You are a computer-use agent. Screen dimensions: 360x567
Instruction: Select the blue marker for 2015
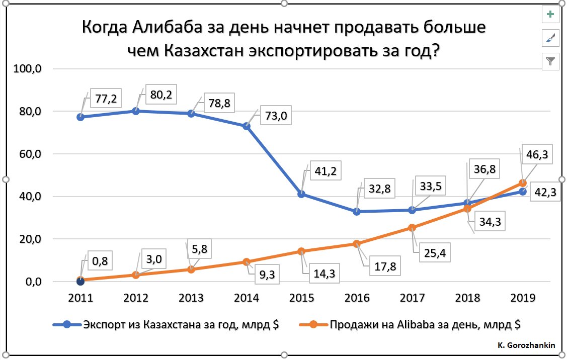point(301,194)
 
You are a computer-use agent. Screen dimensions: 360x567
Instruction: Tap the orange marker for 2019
point(523,183)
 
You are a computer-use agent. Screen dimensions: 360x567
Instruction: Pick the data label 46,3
point(538,154)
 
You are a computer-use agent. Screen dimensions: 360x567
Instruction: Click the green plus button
point(551,15)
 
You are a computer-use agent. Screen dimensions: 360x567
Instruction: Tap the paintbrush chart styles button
point(551,38)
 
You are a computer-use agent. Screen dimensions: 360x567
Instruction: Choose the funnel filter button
point(551,61)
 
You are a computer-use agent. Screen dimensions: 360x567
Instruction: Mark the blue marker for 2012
point(136,111)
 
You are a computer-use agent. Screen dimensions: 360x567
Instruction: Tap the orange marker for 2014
point(247,262)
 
